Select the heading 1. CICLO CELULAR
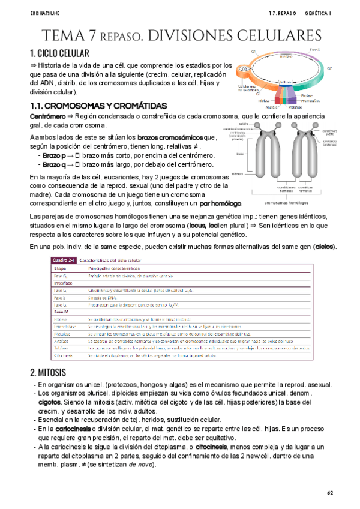(59, 53)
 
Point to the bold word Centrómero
(44, 116)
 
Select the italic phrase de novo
(141, 465)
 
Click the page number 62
(329, 492)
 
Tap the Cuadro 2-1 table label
(63, 259)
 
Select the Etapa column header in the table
(60, 268)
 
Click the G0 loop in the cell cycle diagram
(245, 69)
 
